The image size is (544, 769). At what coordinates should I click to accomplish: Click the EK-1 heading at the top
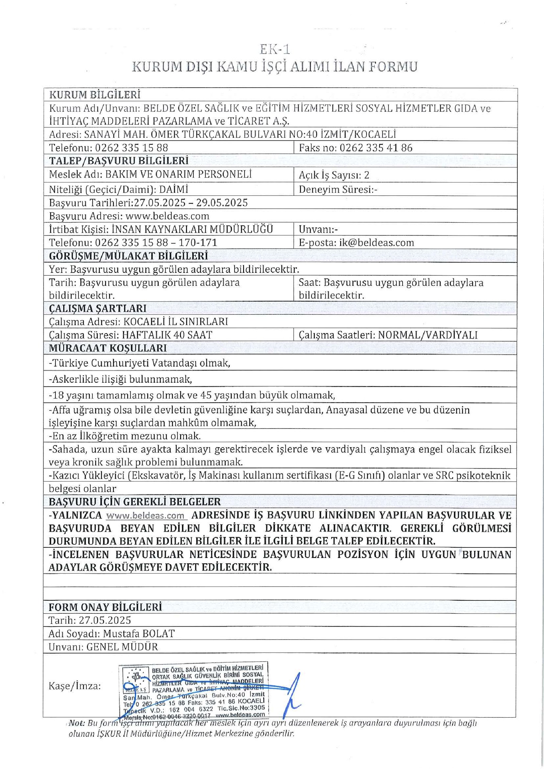coord(274,50)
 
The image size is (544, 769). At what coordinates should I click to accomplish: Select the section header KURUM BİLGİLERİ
coord(95,95)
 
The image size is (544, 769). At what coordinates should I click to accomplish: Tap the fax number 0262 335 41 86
coord(376,148)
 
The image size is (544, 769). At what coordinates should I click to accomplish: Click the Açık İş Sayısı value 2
coord(366,175)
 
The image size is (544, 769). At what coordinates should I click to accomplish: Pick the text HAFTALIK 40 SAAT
coord(167,335)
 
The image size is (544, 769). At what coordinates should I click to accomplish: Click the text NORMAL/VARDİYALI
coord(428,335)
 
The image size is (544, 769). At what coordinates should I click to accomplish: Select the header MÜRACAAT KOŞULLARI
coord(108,348)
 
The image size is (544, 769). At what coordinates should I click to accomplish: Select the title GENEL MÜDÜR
coord(122,647)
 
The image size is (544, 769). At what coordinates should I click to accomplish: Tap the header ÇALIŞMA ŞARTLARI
coord(98,309)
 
